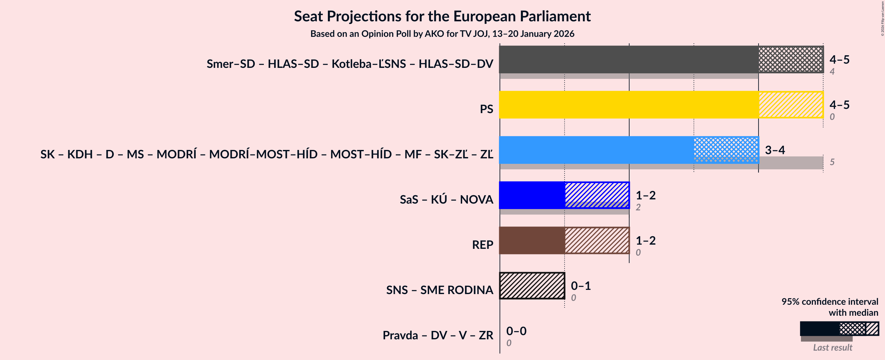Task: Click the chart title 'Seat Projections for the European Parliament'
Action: pos(442,16)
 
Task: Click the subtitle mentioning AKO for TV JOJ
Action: pos(442,34)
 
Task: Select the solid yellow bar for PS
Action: pos(629,105)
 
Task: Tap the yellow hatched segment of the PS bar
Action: pos(791,105)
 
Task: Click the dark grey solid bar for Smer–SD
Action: pos(629,59)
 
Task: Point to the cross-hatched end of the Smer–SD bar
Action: pos(791,59)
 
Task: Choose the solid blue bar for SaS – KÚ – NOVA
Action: pos(532,195)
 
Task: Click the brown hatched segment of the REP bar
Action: pos(597,240)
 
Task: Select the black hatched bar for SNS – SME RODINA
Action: pos(532,286)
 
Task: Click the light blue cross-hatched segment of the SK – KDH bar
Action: pos(726,150)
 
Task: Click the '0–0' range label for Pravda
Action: pos(516,331)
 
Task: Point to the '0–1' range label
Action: pos(581,285)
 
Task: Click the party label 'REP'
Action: pos(482,245)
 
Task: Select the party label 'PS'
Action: pos(486,109)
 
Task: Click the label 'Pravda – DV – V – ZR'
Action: pos(438,335)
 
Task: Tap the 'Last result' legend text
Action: pos(832,347)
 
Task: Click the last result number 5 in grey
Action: pos(832,162)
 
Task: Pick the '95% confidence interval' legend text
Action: pos(830,301)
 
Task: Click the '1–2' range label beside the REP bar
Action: pos(645,240)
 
